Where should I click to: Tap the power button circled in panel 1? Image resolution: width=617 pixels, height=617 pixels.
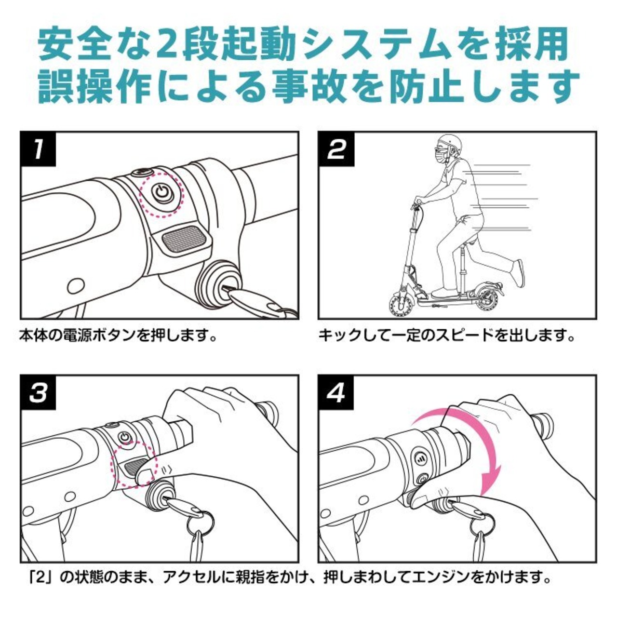(162, 193)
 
